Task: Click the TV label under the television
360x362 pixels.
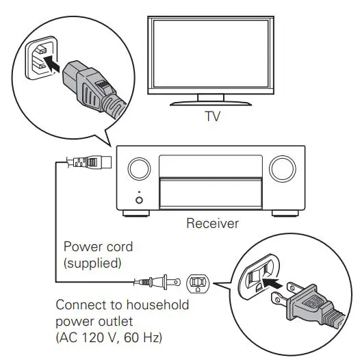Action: (214, 116)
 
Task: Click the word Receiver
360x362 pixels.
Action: (212, 223)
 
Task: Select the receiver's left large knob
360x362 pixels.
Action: (138, 168)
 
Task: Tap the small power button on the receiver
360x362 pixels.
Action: (139, 200)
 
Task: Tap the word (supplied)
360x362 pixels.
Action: (90, 261)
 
